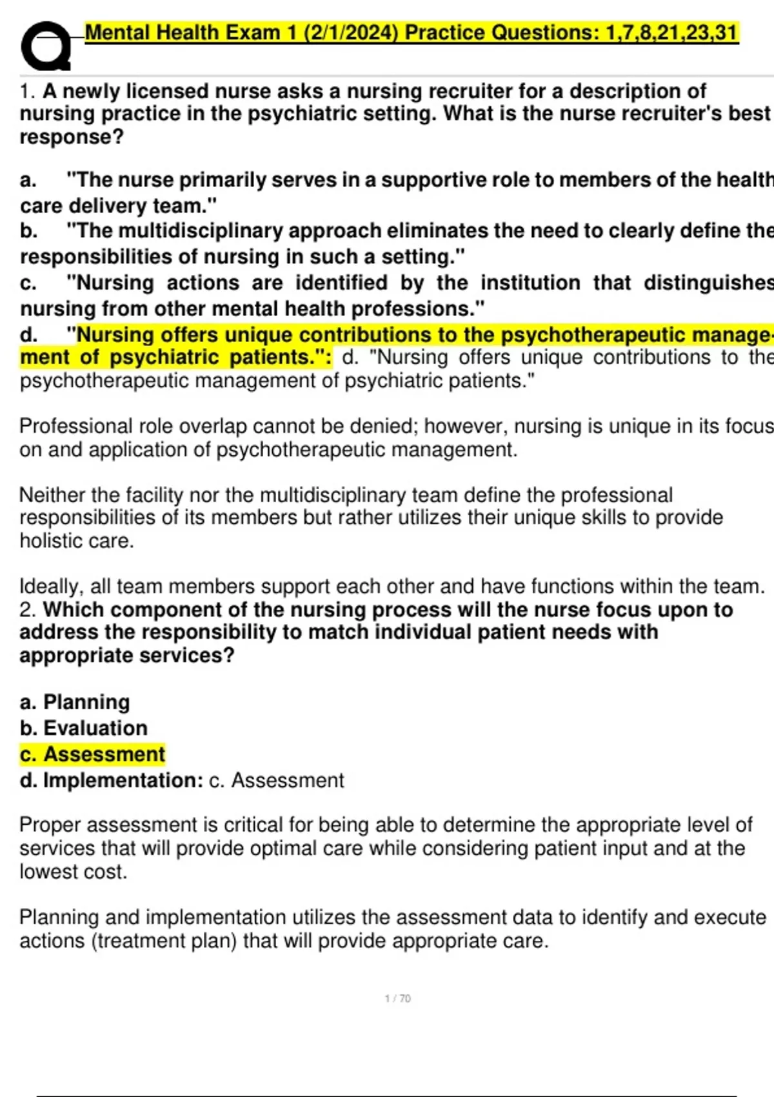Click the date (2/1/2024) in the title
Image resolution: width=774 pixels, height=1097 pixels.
click(351, 32)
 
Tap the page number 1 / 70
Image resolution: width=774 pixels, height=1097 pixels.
click(397, 998)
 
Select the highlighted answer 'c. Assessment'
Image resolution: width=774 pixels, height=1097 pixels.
click(92, 754)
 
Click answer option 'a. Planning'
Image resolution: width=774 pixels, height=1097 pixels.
click(75, 701)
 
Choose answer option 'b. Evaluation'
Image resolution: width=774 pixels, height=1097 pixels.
click(84, 728)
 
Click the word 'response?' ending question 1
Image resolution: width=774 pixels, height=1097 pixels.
click(72, 137)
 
